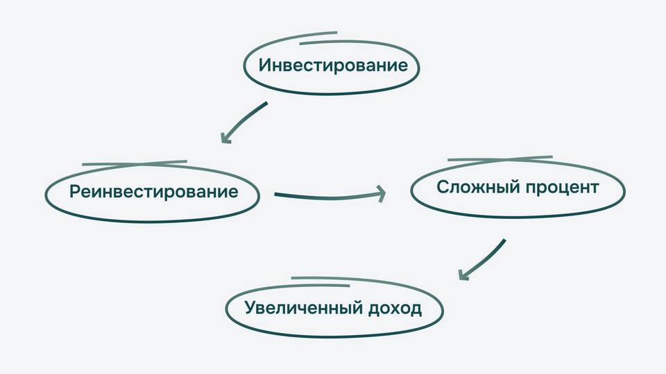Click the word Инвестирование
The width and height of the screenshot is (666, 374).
(332, 66)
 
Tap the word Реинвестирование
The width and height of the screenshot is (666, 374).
(153, 192)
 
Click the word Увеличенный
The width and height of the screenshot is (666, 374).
(299, 308)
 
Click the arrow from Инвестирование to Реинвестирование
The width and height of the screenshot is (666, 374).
(244, 122)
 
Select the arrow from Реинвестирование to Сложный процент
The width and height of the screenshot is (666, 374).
(326, 197)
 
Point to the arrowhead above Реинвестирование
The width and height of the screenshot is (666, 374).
(225, 138)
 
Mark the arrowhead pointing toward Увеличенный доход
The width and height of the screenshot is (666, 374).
(464, 275)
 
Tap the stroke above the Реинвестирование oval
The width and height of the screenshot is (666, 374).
(135, 163)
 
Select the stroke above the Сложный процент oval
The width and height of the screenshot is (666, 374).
(500, 158)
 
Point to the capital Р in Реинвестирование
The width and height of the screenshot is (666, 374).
(74, 192)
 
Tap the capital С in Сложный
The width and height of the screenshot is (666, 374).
(442, 188)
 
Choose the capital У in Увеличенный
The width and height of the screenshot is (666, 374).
(250, 308)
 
